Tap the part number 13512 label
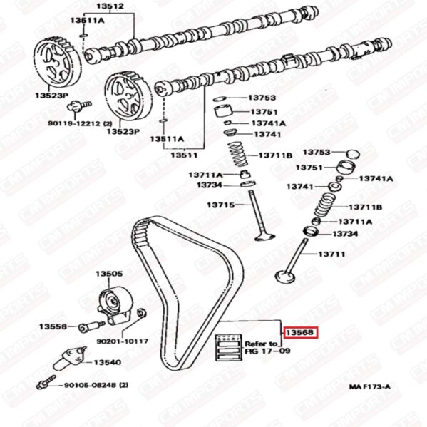pyautogui.click(x=110, y=6)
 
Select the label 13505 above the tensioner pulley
pyautogui.click(x=109, y=274)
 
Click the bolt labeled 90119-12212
pyautogui.click(x=79, y=106)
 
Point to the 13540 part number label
pyautogui.click(x=108, y=362)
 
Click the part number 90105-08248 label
pyautogui.click(x=96, y=385)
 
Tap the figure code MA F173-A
pyautogui.click(x=369, y=386)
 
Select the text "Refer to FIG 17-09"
pyautogui.click(x=267, y=347)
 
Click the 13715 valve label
pyautogui.click(x=220, y=205)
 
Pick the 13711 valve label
pyautogui.click(x=331, y=254)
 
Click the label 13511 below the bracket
pyautogui.click(x=184, y=155)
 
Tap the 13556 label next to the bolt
pyautogui.click(x=53, y=326)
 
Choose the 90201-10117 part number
pyautogui.click(x=123, y=341)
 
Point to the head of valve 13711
pyautogui.click(x=285, y=277)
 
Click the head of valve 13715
pyautogui.click(x=264, y=237)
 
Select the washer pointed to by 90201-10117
pyautogui.click(x=141, y=313)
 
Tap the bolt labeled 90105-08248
pyautogui.click(x=46, y=382)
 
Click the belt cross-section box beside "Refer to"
pyautogui.click(x=229, y=348)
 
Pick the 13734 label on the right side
pyautogui.click(x=345, y=234)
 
